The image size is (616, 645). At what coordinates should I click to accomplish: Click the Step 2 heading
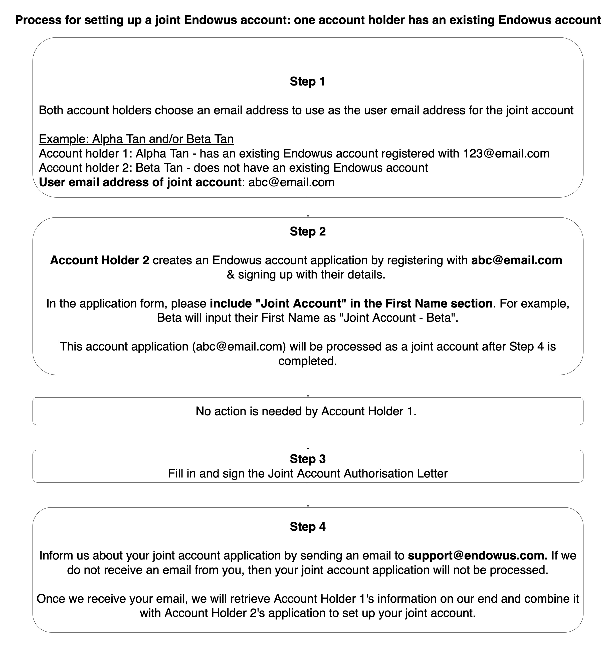pos(307,231)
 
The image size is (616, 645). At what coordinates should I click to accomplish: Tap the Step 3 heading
pos(307,459)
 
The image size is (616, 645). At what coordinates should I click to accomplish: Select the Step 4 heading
pos(307,526)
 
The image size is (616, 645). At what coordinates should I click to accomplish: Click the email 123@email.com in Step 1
pos(506,153)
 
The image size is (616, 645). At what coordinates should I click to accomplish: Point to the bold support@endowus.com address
pos(477,555)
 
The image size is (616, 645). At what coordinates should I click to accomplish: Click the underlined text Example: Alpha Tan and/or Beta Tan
pos(136,139)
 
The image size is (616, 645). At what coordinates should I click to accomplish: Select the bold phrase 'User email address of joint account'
pos(140,182)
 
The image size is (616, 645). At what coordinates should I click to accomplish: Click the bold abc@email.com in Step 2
pos(517,260)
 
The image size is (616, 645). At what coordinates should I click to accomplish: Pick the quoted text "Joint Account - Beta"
pos(400,318)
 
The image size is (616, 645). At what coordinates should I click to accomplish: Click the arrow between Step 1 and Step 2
pos(308,207)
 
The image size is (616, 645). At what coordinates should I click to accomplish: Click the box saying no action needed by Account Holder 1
pos(307,411)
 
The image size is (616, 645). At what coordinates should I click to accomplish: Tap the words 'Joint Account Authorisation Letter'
pos(358,473)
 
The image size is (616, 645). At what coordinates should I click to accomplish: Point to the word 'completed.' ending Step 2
pos(307,361)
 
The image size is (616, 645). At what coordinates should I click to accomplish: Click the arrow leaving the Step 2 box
pos(308,386)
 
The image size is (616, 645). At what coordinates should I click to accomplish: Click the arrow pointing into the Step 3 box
pos(308,437)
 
